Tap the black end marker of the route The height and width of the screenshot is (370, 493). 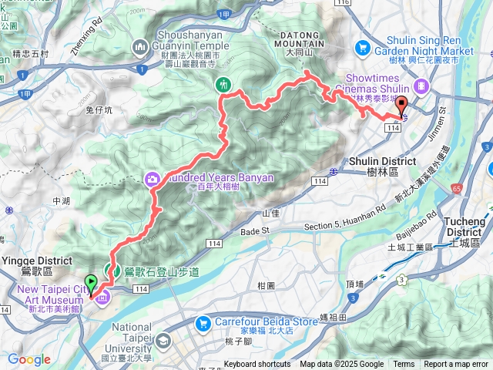(401, 109)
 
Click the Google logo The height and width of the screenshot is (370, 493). (29, 359)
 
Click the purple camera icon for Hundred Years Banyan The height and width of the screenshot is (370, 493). (153, 180)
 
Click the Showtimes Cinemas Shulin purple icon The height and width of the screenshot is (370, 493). (421, 86)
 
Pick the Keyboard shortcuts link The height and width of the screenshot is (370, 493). (257, 365)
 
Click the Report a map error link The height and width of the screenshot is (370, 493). (456, 365)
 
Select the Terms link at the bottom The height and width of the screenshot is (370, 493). (404, 365)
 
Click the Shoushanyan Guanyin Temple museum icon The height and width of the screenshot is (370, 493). (140, 49)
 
